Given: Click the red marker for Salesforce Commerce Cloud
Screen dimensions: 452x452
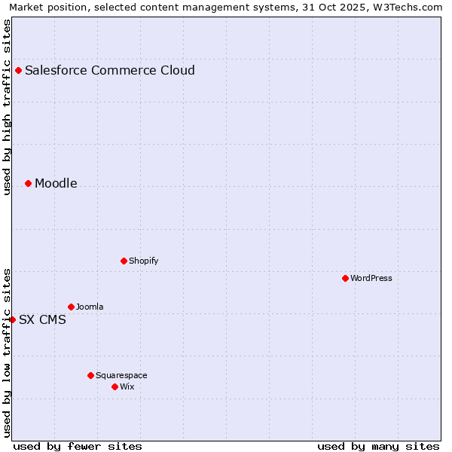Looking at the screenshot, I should [18, 71].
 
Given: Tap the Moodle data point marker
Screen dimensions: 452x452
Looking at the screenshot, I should [28, 184].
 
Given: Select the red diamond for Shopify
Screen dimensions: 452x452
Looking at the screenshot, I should [124, 261].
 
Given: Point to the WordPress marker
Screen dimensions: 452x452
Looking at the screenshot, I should [345, 279].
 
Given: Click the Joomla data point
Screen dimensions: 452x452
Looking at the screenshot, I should [71, 307].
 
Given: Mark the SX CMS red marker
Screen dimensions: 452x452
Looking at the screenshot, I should [12, 320].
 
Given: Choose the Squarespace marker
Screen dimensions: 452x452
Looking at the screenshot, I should [90, 376].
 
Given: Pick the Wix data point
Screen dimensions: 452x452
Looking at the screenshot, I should [115, 387].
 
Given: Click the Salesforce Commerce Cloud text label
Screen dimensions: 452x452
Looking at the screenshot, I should [110, 71].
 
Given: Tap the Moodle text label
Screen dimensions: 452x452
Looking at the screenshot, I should [56, 184].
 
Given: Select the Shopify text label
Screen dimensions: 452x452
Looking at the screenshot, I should [143, 261].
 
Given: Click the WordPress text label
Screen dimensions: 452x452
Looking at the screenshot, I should [371, 279].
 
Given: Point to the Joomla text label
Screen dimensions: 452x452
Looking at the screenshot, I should [90, 307].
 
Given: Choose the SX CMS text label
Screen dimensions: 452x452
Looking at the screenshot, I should [42, 320].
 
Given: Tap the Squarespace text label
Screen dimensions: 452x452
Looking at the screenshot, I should [121, 376].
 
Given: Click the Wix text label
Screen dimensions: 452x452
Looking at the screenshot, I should [127, 387].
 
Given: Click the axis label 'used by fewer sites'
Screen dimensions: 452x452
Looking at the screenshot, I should [78, 447].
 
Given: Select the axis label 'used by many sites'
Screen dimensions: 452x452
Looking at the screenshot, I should [378, 447].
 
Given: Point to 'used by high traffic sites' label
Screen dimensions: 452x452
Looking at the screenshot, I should [7, 107].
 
